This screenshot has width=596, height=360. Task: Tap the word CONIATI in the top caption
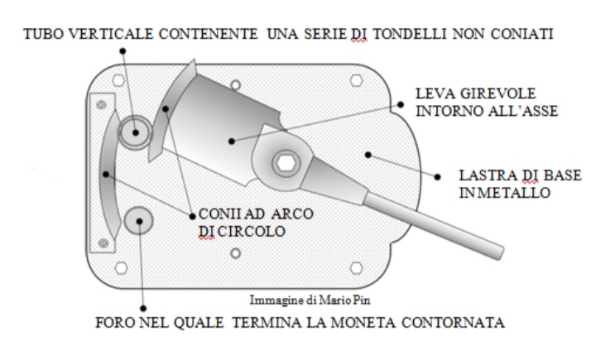[521, 34]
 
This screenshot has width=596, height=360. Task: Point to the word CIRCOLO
[252, 232]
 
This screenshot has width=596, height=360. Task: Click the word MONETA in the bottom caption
[363, 323]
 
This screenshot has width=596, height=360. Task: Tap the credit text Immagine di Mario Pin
[310, 300]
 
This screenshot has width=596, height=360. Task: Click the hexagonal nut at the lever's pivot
[286, 164]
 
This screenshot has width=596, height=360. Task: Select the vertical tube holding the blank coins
[135, 132]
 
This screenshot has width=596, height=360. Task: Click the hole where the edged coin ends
[139, 220]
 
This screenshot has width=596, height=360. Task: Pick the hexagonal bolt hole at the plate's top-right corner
[356, 80]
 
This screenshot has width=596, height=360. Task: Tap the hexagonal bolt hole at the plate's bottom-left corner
[121, 267]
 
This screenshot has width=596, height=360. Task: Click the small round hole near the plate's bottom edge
[236, 253]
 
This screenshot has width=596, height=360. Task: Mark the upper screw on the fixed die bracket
[101, 104]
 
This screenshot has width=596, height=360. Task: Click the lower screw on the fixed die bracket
[103, 242]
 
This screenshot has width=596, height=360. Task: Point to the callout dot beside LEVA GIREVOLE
[401, 104]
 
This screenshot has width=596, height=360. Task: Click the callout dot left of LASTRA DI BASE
[438, 177]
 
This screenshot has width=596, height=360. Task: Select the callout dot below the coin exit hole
[143, 309]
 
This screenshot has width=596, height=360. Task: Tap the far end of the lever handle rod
[500, 253]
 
